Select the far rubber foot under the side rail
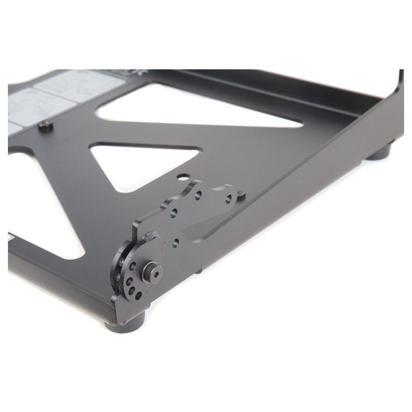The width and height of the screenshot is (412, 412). click(378, 153)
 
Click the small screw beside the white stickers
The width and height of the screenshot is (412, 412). click(46, 126)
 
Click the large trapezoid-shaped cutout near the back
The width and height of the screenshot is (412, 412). click(198, 107)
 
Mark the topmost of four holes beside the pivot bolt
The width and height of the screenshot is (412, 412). click(133, 264)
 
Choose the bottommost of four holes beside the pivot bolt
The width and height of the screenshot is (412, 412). click(138, 296)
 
